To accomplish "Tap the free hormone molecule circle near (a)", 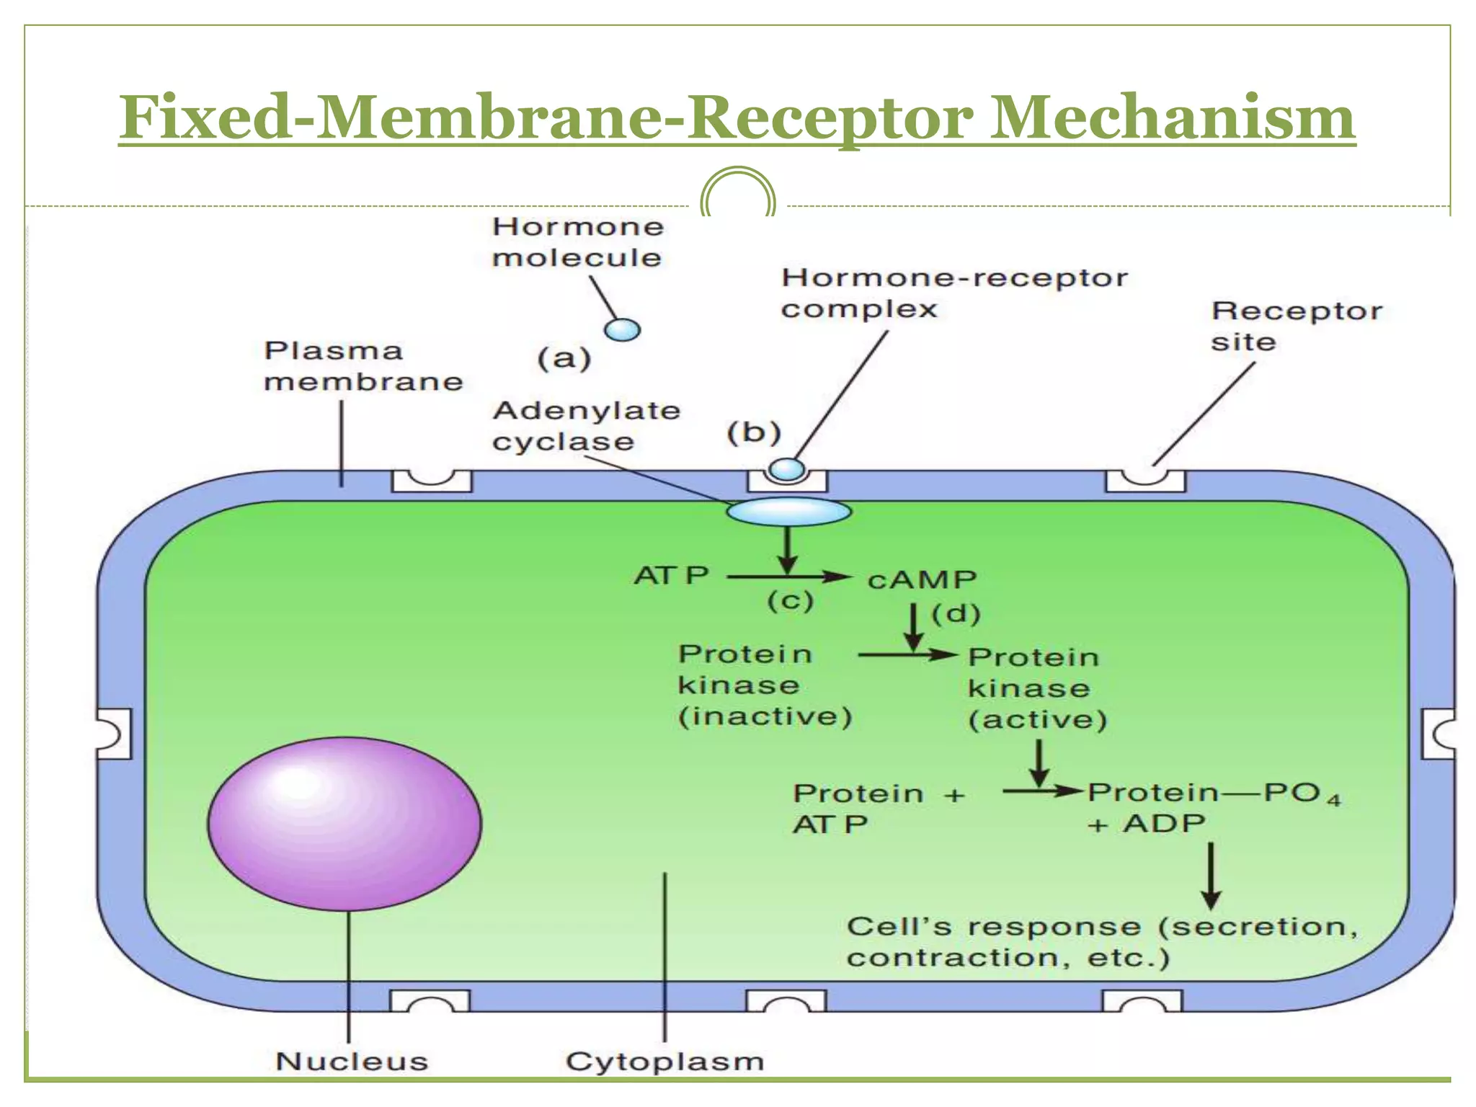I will (623, 330).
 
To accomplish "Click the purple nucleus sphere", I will (344, 823).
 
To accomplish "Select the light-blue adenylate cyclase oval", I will (788, 512).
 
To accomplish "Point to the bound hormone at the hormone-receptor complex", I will (786, 469).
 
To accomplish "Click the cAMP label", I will (922, 580).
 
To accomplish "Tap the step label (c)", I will (790, 601).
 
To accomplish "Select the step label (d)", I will (956, 614).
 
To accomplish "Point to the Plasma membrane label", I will (363, 366).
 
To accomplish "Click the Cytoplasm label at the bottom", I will (664, 1062).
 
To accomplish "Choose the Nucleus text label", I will (352, 1062).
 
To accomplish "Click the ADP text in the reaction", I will (1164, 823).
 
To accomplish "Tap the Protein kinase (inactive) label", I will (764, 685).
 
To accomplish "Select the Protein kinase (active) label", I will (1036, 688).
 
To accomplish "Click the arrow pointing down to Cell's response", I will (1211, 876).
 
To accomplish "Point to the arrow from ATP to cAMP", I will (789, 577).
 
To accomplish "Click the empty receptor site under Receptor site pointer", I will (1145, 480).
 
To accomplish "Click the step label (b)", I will (754, 432).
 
